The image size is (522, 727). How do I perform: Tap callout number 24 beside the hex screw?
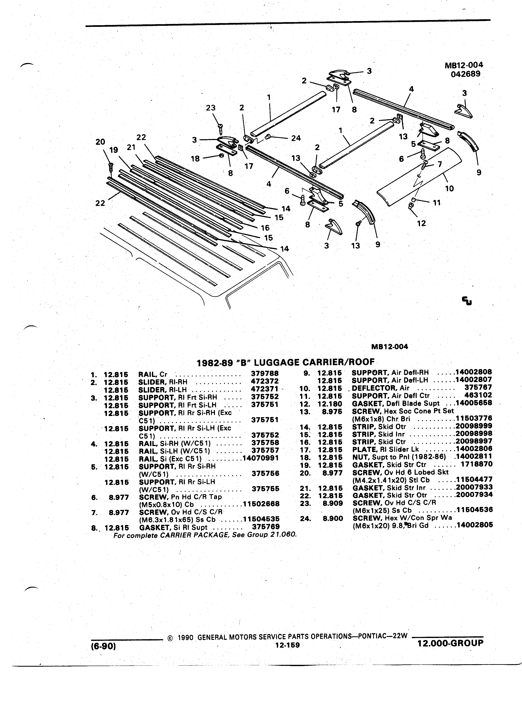click(x=296, y=138)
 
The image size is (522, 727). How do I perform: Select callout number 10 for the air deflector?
click(x=449, y=189)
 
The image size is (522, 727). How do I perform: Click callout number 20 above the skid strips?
click(x=100, y=142)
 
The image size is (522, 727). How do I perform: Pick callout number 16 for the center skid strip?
click(x=265, y=228)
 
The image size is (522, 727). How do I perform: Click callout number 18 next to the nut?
click(x=195, y=158)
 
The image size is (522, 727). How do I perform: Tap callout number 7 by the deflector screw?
click(x=440, y=164)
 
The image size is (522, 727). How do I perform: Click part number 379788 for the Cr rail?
click(x=265, y=373)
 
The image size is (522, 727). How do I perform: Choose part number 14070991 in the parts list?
click(x=261, y=458)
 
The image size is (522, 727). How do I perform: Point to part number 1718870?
click(x=477, y=464)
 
